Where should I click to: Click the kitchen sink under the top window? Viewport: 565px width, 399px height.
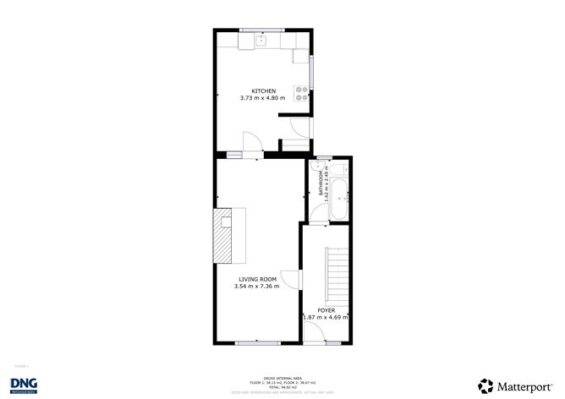pos(262,39)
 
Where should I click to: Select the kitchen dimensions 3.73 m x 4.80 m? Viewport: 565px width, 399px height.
pos(263,99)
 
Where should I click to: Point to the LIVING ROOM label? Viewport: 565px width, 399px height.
pos(256,279)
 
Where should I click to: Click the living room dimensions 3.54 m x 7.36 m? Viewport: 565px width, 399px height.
pos(256,287)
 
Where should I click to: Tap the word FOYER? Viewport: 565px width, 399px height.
pos(326,310)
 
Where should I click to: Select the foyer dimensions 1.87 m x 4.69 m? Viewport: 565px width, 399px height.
pos(326,318)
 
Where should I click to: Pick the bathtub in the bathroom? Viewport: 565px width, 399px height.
pos(337,196)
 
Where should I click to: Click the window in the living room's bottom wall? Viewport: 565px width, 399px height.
pos(256,342)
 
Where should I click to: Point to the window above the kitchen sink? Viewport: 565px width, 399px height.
pos(262,30)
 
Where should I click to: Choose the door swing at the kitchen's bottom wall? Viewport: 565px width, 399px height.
pos(252,141)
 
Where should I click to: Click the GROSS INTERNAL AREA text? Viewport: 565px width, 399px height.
pos(278,378)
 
